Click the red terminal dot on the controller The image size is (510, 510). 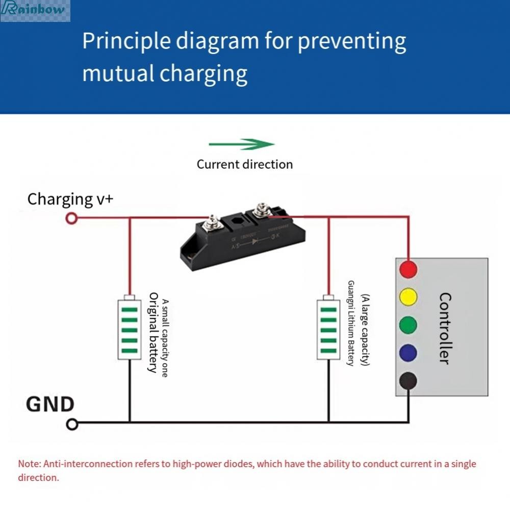(408, 269)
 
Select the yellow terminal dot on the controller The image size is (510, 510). (408, 297)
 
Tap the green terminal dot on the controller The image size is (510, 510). (408, 324)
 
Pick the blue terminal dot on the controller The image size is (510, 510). (408, 352)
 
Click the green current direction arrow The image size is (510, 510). (242, 144)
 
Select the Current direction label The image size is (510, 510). (245, 164)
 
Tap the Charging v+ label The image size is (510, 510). (70, 198)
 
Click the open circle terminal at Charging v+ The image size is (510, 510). (72, 219)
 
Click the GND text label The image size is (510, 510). (50, 404)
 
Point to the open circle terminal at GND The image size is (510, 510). (72, 424)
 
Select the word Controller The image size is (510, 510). (444, 328)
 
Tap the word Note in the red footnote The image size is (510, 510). (29, 464)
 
